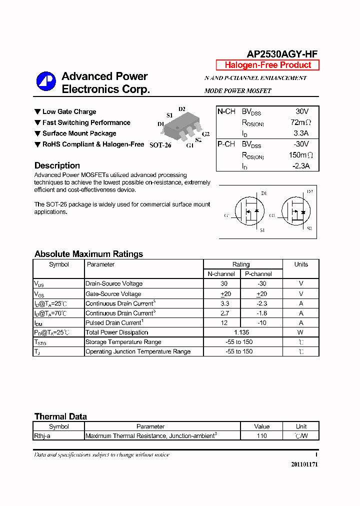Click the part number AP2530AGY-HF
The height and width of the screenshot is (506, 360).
[x=282, y=54]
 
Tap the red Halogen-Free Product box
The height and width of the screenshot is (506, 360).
[x=267, y=65]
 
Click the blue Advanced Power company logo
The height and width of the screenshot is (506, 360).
[x=46, y=81]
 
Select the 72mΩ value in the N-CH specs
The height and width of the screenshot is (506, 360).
[x=301, y=122]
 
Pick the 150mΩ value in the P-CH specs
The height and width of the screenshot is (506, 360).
[x=301, y=155]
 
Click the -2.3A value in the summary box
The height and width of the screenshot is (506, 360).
[x=301, y=166]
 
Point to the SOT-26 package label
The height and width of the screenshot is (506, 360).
[x=160, y=145]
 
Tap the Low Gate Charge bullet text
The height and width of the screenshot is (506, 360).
[x=69, y=112]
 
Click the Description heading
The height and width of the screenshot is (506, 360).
[x=57, y=165]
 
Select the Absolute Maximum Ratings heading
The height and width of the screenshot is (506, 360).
[x=88, y=254]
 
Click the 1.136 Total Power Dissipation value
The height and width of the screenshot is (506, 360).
[x=242, y=332]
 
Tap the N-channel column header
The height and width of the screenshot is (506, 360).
[x=221, y=274]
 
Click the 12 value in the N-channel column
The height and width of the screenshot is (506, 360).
[x=224, y=323]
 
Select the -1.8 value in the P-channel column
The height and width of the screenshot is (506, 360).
[x=261, y=313]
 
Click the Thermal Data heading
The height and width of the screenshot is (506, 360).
[x=60, y=416]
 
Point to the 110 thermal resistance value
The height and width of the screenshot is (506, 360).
[x=261, y=436]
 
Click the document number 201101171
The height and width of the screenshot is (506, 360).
[x=304, y=464]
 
